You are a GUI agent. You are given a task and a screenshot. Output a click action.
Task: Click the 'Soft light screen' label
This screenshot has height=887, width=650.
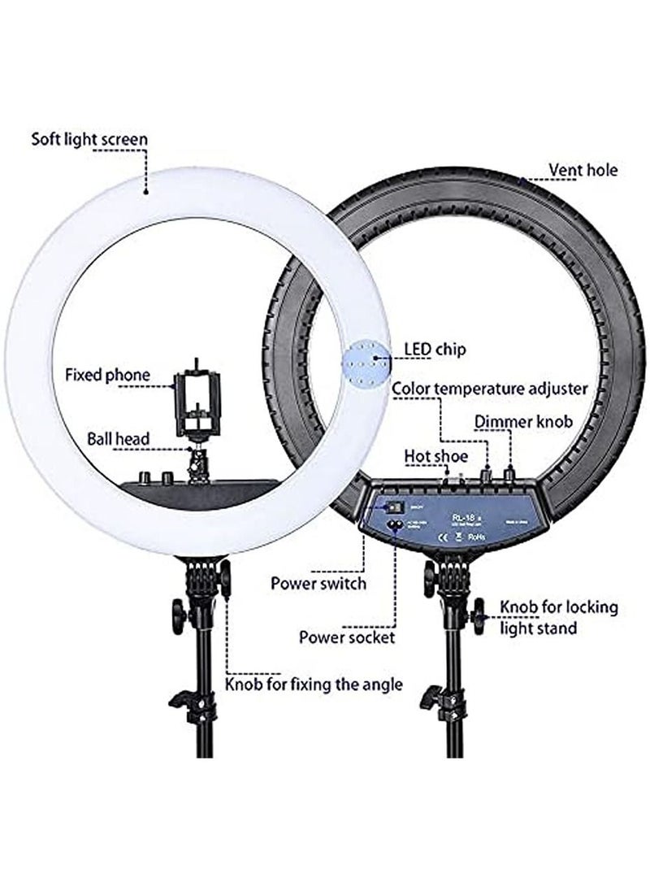[x=89, y=138]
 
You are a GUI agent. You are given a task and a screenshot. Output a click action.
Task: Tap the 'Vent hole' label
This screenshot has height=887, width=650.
[x=583, y=170]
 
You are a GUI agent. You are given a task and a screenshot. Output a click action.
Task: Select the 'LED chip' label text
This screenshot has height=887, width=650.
[x=435, y=350]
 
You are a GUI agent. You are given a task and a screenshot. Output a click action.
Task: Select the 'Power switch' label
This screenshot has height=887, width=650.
[x=318, y=583]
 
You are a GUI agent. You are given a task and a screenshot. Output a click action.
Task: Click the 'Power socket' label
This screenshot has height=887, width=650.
[x=347, y=637]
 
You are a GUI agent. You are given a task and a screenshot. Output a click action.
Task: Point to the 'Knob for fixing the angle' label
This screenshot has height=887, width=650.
[x=314, y=684]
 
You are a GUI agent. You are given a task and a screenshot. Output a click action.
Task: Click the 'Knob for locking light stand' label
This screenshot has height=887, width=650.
[x=558, y=617]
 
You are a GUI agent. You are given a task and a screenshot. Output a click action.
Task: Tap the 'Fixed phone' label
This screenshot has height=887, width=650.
[x=108, y=375]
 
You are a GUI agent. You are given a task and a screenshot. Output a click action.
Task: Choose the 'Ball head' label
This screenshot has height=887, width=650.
[x=119, y=439]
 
